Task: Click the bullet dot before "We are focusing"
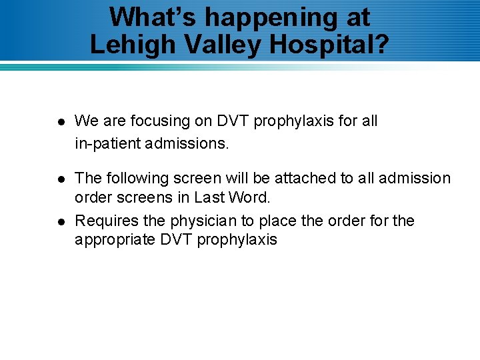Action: (60, 122)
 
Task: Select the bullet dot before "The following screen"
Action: (60, 179)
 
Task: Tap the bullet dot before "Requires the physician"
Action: (60, 221)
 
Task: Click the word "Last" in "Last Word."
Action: (208, 198)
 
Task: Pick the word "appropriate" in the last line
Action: (115, 240)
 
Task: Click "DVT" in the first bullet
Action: (231, 121)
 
